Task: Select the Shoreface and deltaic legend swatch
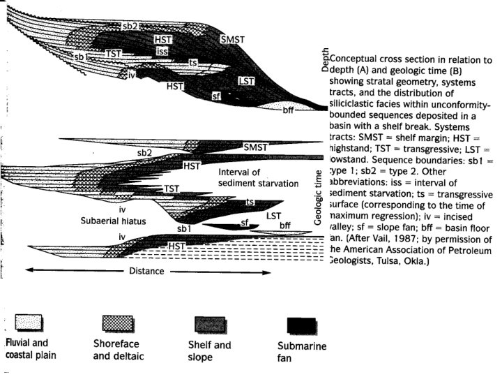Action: coord(118,323)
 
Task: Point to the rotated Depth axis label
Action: coord(325,62)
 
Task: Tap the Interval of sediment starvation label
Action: coord(249,177)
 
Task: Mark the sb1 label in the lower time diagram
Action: coord(183,228)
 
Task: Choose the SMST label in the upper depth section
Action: coord(231,39)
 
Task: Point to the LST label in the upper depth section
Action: coord(245,82)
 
